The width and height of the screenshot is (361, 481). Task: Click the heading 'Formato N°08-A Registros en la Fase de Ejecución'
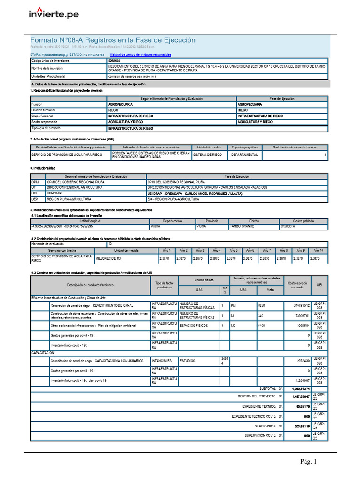pos(113,40)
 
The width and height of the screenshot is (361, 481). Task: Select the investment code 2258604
pos(114,61)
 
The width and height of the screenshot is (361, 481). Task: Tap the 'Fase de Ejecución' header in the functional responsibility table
pos(282,98)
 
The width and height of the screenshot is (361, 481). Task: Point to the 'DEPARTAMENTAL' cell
pos(244,155)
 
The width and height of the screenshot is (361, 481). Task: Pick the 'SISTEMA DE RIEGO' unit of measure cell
pos(208,155)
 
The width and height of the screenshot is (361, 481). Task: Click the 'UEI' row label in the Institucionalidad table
pos(35,193)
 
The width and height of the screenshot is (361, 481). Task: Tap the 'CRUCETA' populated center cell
pos(288,226)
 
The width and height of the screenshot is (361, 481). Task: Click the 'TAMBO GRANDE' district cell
pos(242,226)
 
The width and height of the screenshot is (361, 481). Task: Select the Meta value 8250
pos(262,305)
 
